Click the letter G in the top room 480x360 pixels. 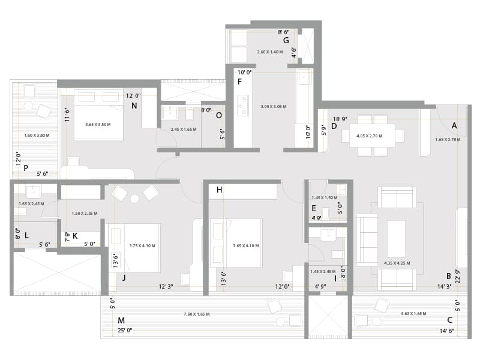click(286, 41)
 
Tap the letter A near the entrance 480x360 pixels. click(454, 125)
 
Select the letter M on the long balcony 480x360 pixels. click(121, 320)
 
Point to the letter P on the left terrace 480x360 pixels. click(26, 168)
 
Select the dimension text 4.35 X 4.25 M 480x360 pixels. click(397, 262)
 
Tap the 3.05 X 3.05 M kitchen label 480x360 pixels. click(273, 106)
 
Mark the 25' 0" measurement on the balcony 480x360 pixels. click(125, 330)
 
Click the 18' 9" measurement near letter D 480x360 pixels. click(341, 119)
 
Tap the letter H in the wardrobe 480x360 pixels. click(220, 190)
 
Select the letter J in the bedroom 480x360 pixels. click(123, 277)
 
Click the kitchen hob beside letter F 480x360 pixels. click(242, 105)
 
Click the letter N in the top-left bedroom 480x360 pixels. click(134, 106)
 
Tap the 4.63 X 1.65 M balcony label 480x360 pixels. click(413, 314)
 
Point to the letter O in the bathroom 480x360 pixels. click(218, 115)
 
